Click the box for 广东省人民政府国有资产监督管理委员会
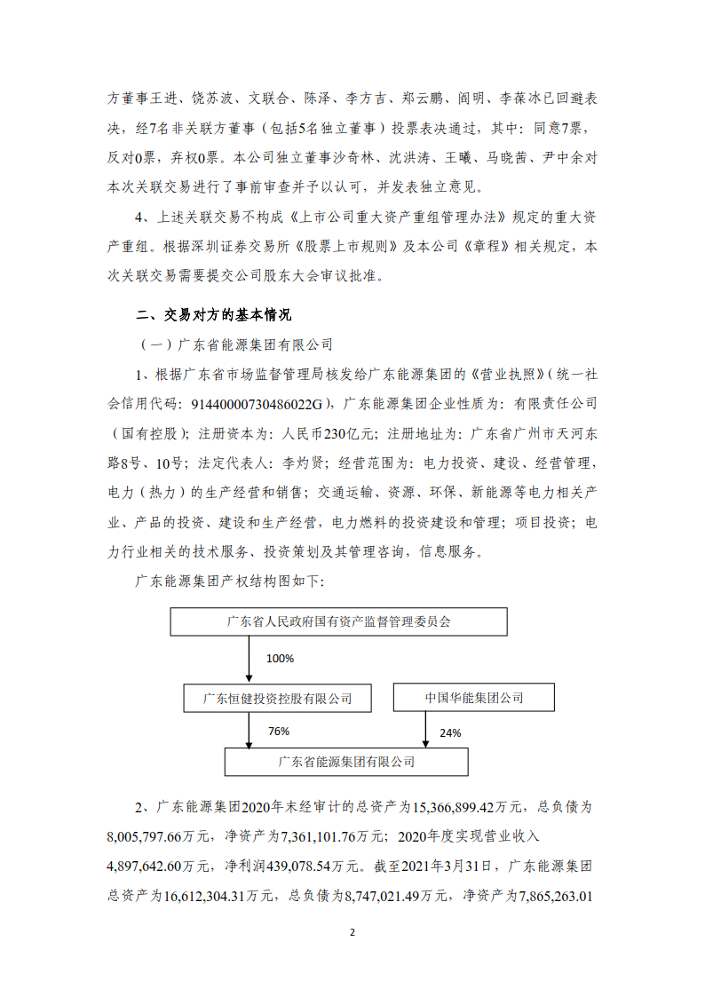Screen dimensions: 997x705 [338, 621]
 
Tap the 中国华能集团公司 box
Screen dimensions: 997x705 [473, 698]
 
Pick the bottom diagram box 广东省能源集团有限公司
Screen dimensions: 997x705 [346, 761]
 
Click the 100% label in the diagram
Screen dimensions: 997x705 [280, 659]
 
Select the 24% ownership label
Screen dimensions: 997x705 [449, 733]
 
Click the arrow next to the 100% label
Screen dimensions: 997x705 [250, 659]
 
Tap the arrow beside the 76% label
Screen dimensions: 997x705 [250, 730]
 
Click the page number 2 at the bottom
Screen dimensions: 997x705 [352, 933]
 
